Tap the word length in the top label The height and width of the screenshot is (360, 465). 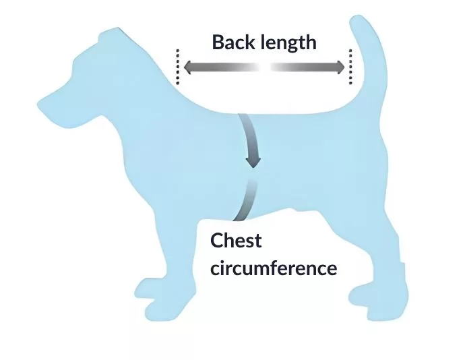(x=289, y=43)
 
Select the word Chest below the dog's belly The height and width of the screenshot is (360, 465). (x=236, y=241)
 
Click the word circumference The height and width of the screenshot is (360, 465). (x=274, y=268)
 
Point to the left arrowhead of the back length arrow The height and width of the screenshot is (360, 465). (x=188, y=67)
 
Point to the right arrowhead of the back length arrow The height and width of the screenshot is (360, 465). (x=340, y=67)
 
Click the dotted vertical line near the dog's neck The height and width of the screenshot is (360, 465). (x=178, y=67)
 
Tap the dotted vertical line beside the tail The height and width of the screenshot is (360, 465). (x=350, y=67)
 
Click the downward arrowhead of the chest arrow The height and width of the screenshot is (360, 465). (x=253, y=162)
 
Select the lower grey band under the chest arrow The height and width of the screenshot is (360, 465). (x=246, y=200)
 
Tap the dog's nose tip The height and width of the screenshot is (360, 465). (x=40, y=104)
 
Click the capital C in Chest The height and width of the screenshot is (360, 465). (x=217, y=241)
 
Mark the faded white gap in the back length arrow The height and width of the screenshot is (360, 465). (x=264, y=67)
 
